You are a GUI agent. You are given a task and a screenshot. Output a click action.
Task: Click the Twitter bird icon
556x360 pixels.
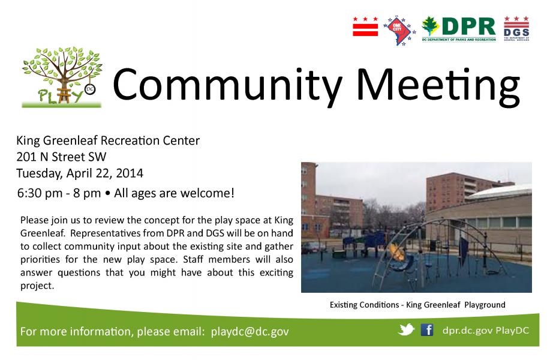[x=406, y=329]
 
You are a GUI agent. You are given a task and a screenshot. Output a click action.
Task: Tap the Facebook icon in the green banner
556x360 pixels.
[x=427, y=330]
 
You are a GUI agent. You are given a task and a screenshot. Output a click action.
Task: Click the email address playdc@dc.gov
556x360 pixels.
[x=250, y=332]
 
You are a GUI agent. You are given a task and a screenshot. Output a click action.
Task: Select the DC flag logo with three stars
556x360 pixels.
[x=365, y=26]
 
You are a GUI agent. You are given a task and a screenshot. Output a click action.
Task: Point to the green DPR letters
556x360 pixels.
[x=468, y=26]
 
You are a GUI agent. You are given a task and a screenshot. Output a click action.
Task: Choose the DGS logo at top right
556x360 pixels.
[x=516, y=29]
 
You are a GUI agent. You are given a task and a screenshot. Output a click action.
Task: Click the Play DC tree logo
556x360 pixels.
[x=62, y=77]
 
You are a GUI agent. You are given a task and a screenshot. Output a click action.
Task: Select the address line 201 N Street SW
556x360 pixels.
[x=61, y=157]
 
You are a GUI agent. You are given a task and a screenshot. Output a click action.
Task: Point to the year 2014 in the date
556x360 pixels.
[x=130, y=173]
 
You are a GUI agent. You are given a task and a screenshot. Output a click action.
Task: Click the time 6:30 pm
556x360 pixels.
[x=40, y=193]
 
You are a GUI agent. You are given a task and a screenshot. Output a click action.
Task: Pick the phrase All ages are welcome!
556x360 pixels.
[x=174, y=193]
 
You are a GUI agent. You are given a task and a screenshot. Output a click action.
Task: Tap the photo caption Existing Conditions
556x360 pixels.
[x=364, y=305]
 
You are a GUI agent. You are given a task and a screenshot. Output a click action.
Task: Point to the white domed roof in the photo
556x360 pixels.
[x=500, y=192]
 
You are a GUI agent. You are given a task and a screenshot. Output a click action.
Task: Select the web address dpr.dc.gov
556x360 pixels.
[x=467, y=331]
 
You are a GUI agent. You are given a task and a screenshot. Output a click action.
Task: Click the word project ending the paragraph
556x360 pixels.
[x=37, y=286]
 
